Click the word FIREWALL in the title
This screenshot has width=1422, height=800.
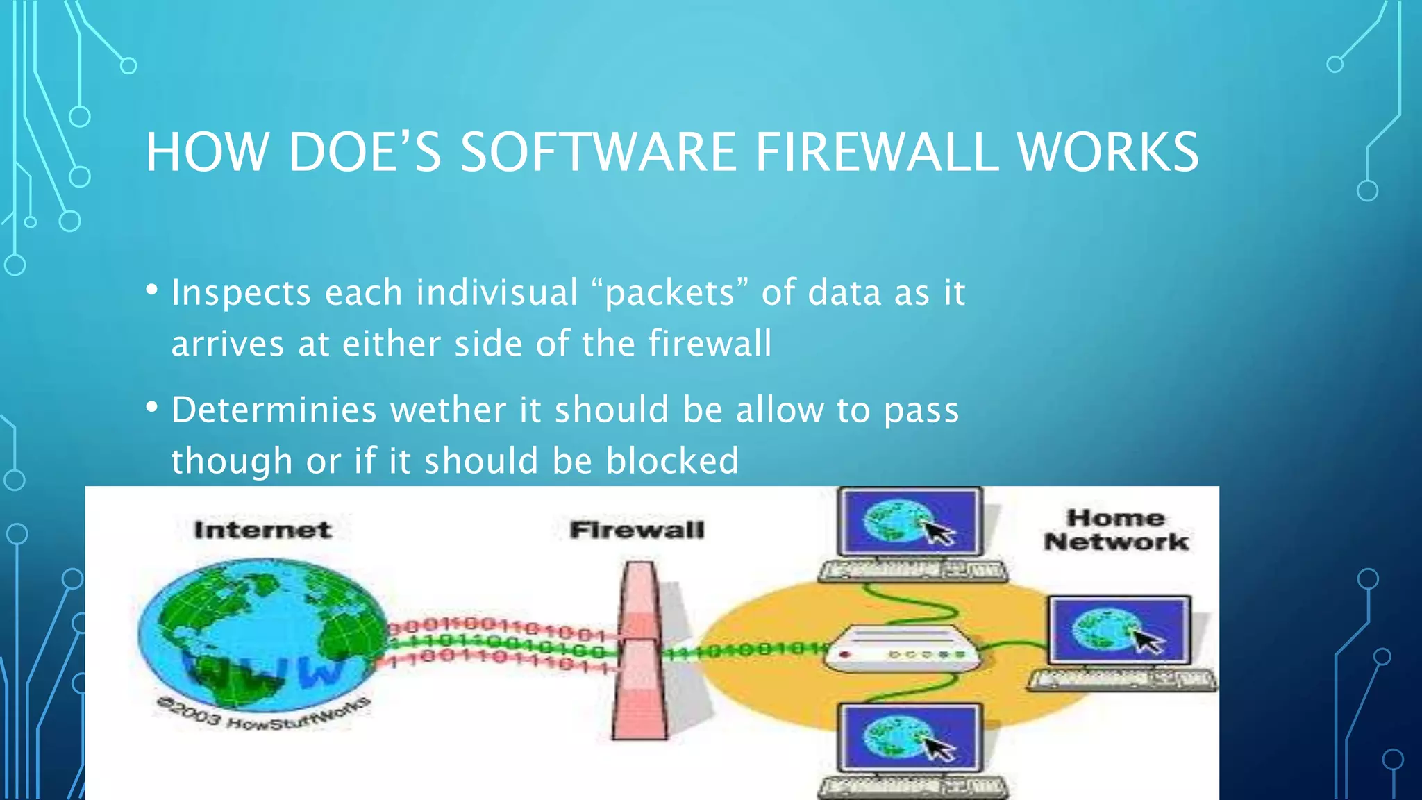pos(877,152)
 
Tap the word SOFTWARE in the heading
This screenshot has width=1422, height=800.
pos(598,152)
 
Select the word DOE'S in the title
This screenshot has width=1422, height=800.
pos(364,152)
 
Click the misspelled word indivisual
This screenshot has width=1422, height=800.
pos(496,292)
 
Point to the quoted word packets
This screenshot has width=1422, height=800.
pos(670,292)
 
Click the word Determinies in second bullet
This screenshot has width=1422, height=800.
pos(274,410)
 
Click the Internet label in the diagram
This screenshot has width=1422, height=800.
pos(262,530)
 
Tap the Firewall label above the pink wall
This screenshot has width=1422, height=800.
pos(637,530)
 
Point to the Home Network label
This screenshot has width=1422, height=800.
pos(1116,530)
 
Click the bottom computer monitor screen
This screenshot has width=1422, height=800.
pos(910,737)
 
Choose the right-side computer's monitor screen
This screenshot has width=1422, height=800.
pos(1119,631)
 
